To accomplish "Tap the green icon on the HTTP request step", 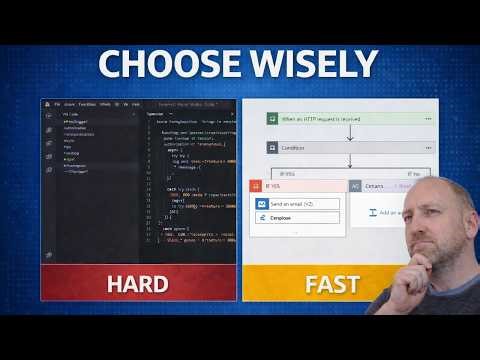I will (x=270, y=118).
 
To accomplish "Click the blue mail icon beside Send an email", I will (x=262, y=203).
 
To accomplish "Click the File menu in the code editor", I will (x=58, y=103).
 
